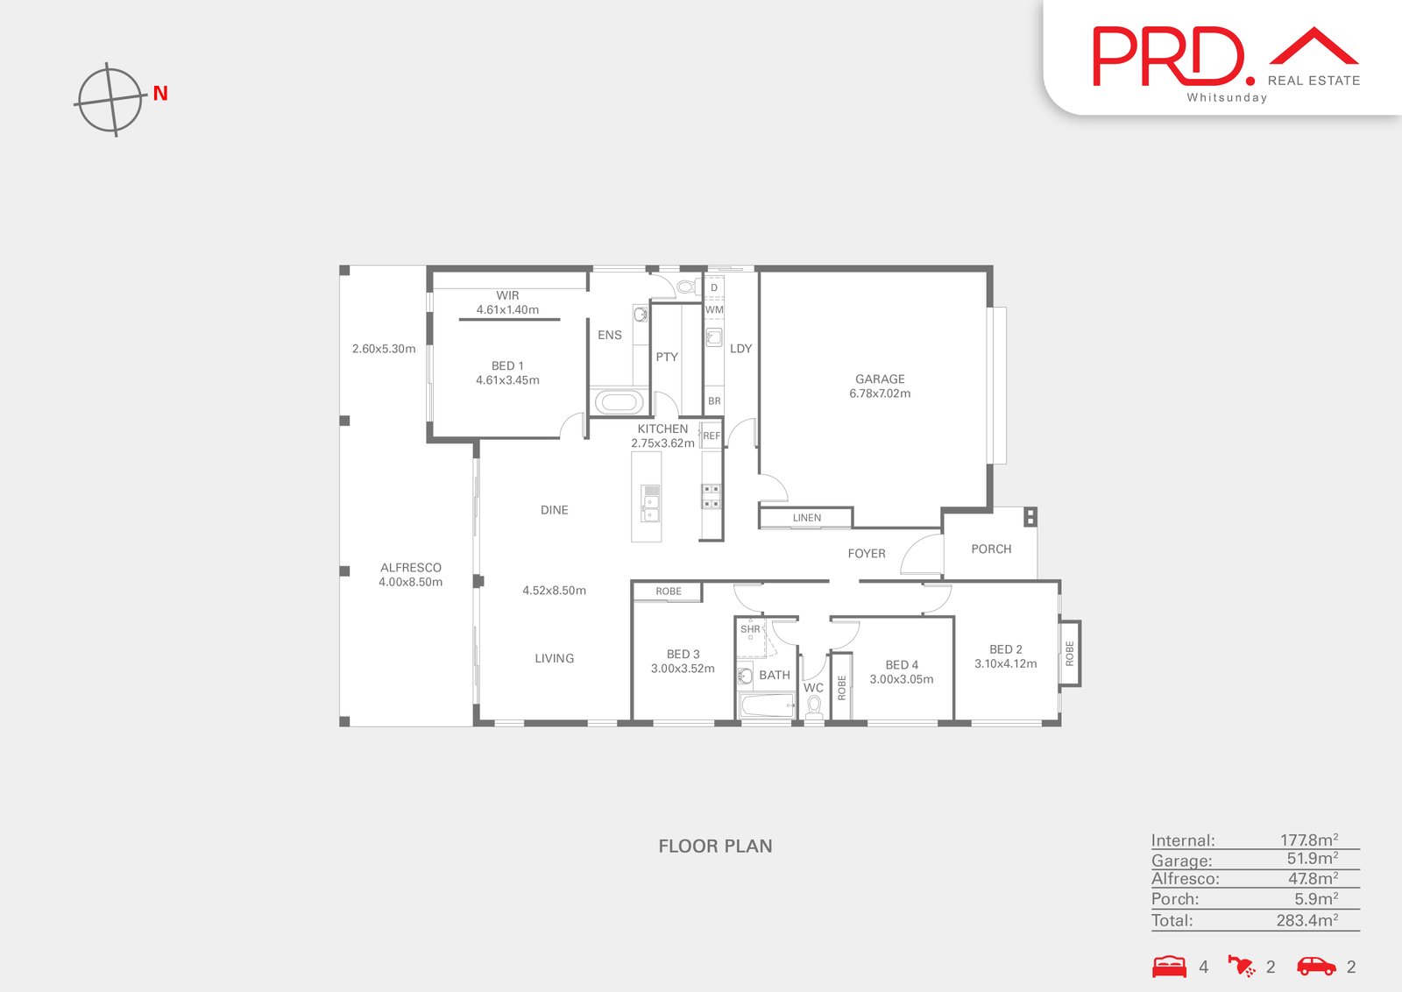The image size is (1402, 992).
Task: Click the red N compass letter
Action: pos(160,93)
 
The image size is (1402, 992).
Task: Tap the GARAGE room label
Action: pos(880,379)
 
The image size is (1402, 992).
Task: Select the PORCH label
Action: pos(991,549)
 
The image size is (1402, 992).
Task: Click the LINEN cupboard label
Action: pos(806,518)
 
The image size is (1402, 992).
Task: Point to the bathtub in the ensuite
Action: pos(619,402)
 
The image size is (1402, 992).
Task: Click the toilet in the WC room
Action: pos(814,707)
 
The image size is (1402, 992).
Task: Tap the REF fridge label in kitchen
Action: pos(712,436)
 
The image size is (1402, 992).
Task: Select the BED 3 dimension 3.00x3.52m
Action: pos(683,669)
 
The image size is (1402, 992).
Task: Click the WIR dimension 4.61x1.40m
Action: pos(507,309)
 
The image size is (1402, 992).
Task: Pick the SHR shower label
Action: pos(750,629)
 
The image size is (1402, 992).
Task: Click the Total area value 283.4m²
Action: pos(1306,919)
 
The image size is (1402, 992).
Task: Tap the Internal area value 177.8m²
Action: pos(1309,840)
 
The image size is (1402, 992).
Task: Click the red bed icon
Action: pos(1169,967)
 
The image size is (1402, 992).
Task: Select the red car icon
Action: pos(1316,967)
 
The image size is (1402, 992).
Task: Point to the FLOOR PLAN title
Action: pos(715,847)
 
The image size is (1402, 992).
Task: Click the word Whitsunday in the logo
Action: pos(1227,97)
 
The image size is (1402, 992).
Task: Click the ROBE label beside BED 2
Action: pos(1070,654)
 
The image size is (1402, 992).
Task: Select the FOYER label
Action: pos(867,553)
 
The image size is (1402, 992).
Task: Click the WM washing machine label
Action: pos(713,309)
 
